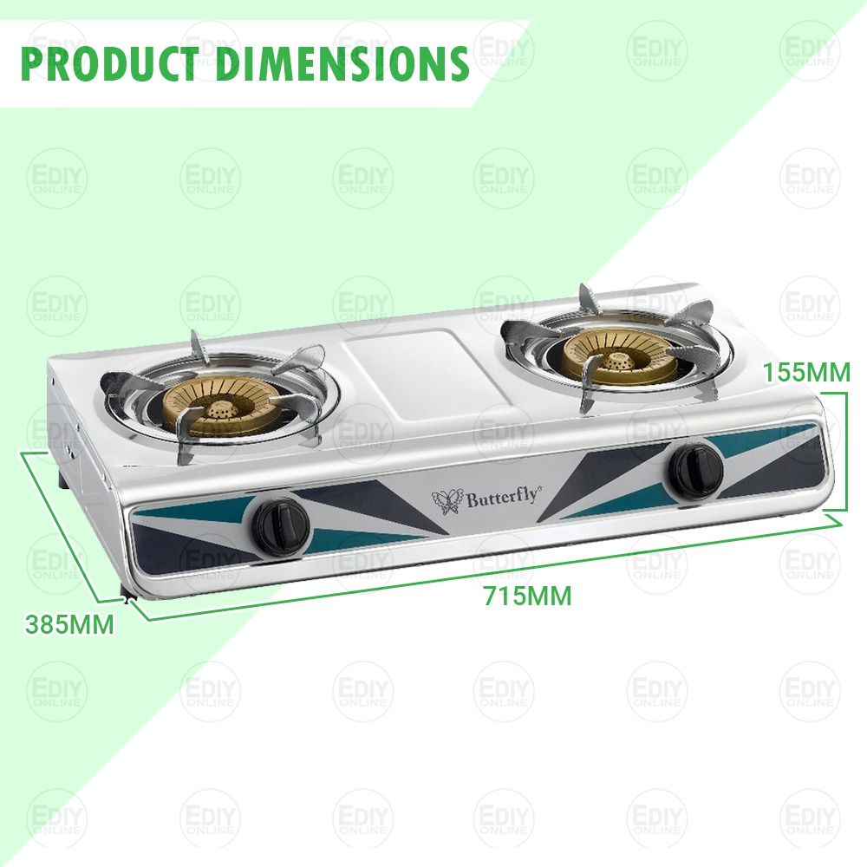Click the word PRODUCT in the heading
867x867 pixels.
110,63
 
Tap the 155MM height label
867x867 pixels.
806,372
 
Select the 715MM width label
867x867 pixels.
527,596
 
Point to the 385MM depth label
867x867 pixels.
69,625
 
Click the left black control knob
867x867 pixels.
282,525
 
